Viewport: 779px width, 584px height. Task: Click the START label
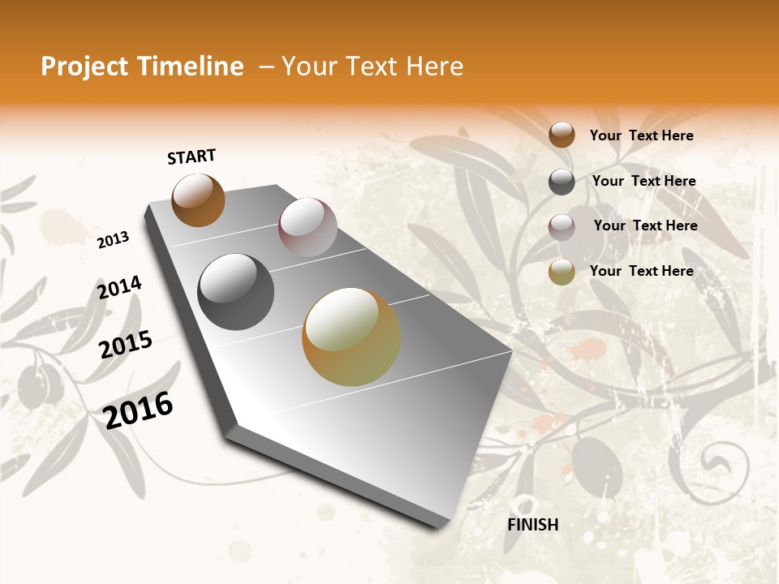tap(192, 157)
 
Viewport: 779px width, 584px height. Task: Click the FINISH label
tap(532, 525)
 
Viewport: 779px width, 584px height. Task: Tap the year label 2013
tap(113, 240)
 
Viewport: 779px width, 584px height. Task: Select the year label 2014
tap(119, 288)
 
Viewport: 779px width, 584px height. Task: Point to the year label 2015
tap(126, 345)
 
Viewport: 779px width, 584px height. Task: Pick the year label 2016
tap(138, 410)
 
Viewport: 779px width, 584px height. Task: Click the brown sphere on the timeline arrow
tap(198, 200)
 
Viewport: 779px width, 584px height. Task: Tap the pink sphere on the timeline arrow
tap(308, 227)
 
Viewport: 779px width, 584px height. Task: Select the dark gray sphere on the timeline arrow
tap(235, 291)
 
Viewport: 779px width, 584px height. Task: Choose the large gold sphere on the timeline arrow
tap(351, 336)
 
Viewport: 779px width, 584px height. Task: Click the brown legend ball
tap(562, 135)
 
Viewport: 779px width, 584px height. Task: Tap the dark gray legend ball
tap(562, 181)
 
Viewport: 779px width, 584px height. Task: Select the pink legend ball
tap(562, 226)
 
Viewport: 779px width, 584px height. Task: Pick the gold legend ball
tap(562, 272)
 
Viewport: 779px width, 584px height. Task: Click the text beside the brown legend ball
tap(641, 135)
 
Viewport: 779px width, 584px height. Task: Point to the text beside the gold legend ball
tap(641, 271)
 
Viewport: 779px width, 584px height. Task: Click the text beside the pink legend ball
tap(645, 225)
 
